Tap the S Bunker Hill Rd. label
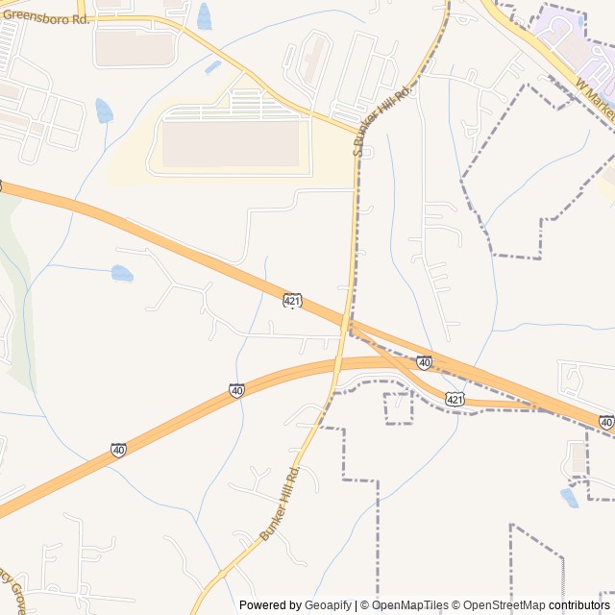pos(382,119)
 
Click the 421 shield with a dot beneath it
pos(293,301)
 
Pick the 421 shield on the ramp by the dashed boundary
pos(455,398)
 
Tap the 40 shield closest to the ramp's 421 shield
pos(424,362)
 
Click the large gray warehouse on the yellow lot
pos(231,143)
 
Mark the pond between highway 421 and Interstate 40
pos(122,273)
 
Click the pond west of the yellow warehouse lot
pos(104,111)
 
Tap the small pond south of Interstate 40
pos(570,497)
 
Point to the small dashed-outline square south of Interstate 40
pos(398,407)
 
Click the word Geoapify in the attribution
pos(328,605)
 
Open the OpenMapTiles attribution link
pos(409,605)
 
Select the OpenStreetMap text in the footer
pos(504,605)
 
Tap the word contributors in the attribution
pos(579,605)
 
